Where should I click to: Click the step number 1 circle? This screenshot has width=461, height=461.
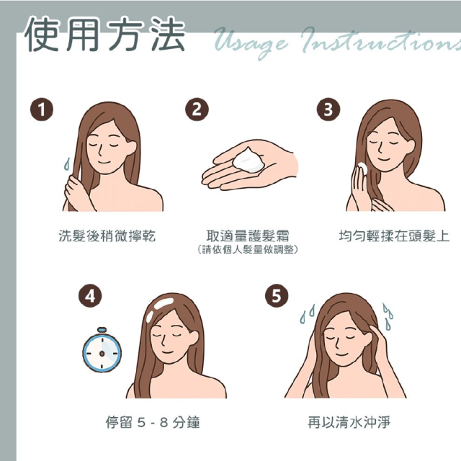click(x=42, y=109)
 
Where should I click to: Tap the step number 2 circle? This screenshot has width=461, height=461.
click(x=197, y=109)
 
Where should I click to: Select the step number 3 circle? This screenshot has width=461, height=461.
click(x=328, y=109)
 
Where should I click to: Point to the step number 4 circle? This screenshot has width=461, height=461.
click(x=90, y=296)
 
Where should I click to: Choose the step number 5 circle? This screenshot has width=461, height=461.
click(x=277, y=296)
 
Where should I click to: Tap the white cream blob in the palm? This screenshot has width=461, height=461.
click(x=249, y=161)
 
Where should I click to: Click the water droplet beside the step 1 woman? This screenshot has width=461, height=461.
click(x=67, y=164)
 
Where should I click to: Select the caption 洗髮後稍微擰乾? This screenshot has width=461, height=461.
click(x=107, y=236)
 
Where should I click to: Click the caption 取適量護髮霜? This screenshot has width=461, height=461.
click(x=248, y=236)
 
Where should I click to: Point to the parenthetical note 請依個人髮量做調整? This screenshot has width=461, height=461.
click(x=248, y=250)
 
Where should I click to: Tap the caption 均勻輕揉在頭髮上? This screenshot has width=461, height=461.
click(x=394, y=236)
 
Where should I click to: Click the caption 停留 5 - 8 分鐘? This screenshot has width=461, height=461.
click(x=153, y=423)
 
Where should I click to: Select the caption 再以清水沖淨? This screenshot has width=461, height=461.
click(x=349, y=423)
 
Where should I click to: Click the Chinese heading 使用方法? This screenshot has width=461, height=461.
click(x=105, y=34)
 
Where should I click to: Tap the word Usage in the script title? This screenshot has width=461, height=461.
click(x=251, y=42)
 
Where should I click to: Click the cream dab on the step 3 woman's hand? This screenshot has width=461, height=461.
click(x=362, y=169)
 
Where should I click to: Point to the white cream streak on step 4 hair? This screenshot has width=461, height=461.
click(x=164, y=303)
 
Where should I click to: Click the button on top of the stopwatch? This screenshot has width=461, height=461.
click(x=102, y=330)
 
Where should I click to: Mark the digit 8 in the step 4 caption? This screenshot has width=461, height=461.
click(x=164, y=423)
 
